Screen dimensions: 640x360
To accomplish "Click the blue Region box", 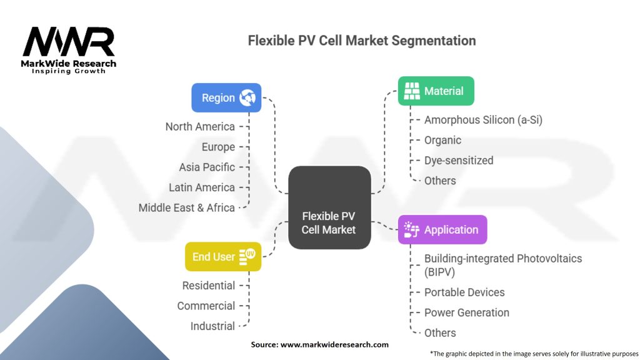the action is tap(226, 97).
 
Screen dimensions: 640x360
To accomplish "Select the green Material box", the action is tap(436, 91).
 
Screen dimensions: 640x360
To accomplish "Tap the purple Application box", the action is tap(442, 229).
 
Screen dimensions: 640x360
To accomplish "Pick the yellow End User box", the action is tap(223, 256).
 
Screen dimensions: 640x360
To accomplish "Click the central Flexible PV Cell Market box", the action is tap(329, 207).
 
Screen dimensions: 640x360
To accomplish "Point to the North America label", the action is tap(200, 126).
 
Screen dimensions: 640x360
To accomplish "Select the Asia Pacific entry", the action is tap(207, 167).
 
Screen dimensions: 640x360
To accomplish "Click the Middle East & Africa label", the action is tap(186, 207).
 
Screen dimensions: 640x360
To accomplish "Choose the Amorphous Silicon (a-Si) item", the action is tap(483, 120).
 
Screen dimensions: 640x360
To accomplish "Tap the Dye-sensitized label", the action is tap(459, 161).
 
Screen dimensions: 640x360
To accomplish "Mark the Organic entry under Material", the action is tap(443, 141).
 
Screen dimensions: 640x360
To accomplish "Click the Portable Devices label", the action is tap(464, 292).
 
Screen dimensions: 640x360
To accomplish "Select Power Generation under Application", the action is tap(467, 312).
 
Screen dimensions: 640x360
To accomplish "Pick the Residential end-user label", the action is tap(209, 286).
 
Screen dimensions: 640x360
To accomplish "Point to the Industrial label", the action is tap(212, 326).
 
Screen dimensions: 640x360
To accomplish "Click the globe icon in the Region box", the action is tap(247, 97).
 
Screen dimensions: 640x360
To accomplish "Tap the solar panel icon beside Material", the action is tap(412, 91).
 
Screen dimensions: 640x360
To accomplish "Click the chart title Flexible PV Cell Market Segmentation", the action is tap(362, 41).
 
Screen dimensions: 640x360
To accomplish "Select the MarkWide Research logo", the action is tap(69, 50).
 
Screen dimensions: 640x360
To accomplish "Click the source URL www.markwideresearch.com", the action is tap(334, 344).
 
